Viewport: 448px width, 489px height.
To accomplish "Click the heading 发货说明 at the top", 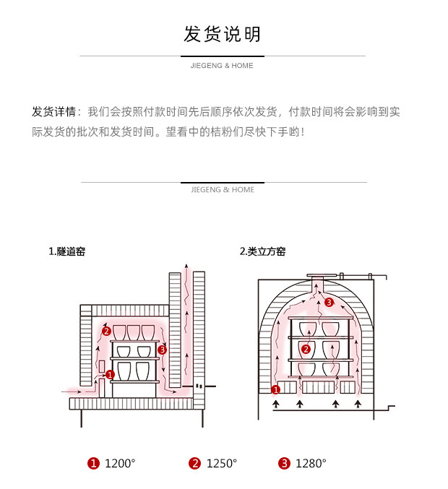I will [223, 33].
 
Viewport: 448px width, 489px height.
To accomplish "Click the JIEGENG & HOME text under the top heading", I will [223, 66].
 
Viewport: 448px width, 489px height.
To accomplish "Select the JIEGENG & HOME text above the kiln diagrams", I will [223, 190].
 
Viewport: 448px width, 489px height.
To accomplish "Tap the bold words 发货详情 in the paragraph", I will [53, 112].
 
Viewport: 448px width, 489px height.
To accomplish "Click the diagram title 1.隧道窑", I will [66, 251].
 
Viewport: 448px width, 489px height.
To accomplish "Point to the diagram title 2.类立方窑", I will [262, 251].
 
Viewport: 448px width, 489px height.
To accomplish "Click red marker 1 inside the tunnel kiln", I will [110, 374].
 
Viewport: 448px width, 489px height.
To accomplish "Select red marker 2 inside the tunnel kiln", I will [106, 332].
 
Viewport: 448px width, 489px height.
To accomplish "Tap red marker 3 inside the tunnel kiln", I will [162, 350].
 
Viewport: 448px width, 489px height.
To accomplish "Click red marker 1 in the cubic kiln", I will [275, 390].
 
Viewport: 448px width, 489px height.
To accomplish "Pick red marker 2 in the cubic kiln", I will [306, 349].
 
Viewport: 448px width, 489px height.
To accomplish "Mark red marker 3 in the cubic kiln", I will [329, 302].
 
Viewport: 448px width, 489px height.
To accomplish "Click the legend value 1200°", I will [120, 464].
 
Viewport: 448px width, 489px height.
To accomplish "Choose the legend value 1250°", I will [222, 464].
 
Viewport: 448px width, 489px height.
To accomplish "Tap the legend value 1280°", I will [311, 464].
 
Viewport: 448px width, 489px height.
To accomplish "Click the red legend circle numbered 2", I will [194, 464].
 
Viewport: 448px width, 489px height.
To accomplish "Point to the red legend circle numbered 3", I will [284, 464].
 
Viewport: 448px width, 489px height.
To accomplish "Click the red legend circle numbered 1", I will [92, 464].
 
